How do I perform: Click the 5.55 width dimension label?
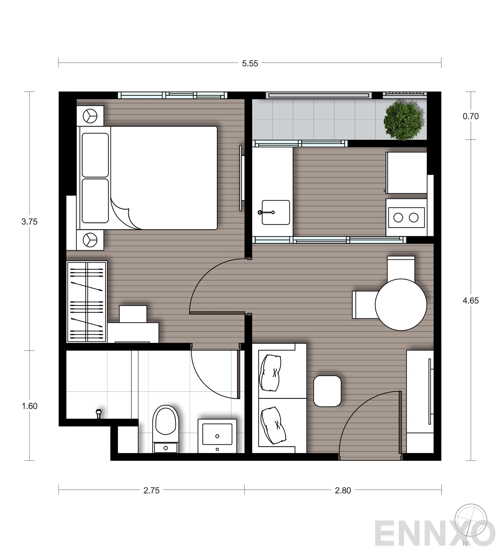click(x=250, y=64)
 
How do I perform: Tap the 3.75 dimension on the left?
click(x=29, y=222)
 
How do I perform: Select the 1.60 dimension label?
click(x=29, y=406)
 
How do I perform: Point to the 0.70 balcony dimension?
click(x=470, y=116)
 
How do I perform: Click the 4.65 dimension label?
click(x=470, y=300)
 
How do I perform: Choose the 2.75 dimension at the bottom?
click(x=151, y=490)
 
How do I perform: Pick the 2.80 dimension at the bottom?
click(x=342, y=490)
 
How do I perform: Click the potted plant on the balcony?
click(x=402, y=120)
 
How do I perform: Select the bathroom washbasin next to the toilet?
click(x=217, y=435)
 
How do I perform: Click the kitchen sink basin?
click(x=276, y=212)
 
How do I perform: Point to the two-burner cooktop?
click(x=406, y=218)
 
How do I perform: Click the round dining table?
click(x=401, y=305)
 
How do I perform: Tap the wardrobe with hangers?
click(x=87, y=302)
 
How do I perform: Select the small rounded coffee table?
click(x=327, y=391)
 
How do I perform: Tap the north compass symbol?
click(x=470, y=521)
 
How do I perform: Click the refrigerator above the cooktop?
click(x=406, y=173)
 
